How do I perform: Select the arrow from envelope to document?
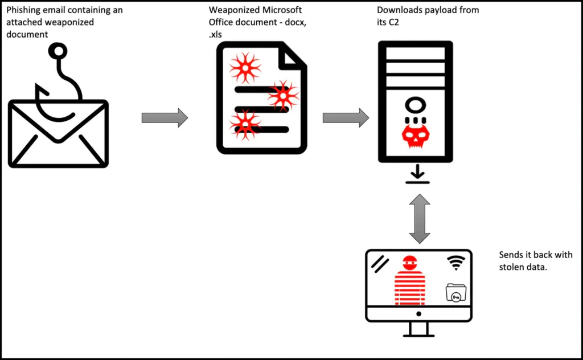click(165, 118)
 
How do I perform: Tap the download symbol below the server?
click(418, 175)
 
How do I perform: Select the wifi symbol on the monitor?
click(455, 261)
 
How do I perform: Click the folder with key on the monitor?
click(456, 293)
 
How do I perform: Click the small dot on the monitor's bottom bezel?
click(418, 314)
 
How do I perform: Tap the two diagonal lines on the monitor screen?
click(380, 262)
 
